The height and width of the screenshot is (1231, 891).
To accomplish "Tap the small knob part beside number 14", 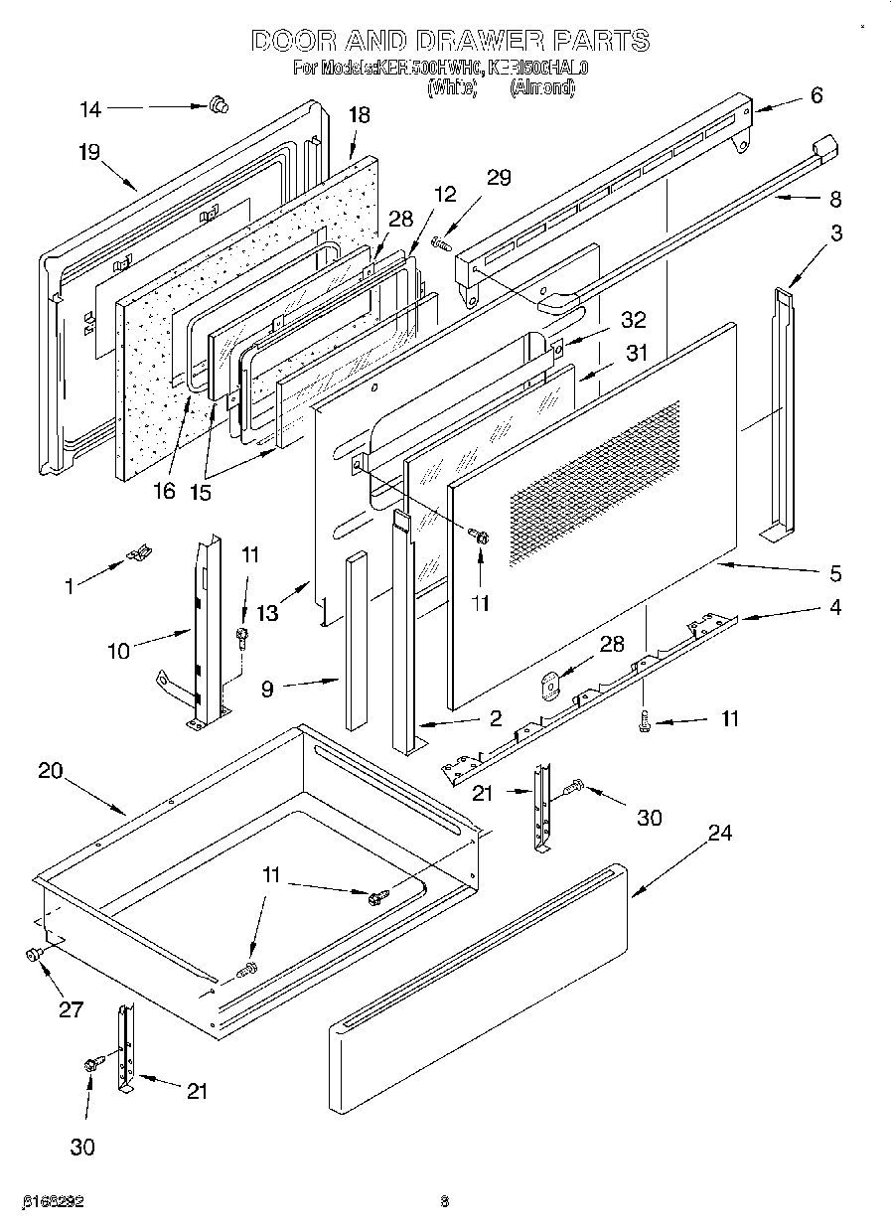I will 218,103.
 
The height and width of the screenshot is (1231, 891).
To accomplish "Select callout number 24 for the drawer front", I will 719,833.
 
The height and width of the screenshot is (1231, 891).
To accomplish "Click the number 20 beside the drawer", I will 51,770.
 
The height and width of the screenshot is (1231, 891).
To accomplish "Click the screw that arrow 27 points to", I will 32,956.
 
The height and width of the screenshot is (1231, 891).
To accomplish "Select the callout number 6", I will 816,95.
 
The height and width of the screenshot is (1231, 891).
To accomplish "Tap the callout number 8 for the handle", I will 834,199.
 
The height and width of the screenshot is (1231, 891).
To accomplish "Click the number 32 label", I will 632,320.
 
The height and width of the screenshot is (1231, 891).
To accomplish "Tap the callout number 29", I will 499,177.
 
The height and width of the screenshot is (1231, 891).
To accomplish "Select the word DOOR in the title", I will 294,41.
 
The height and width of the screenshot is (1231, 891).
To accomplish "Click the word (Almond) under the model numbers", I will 542,87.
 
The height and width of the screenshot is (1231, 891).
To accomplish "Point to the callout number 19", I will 88,152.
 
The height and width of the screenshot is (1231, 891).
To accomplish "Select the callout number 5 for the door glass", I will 835,573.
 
